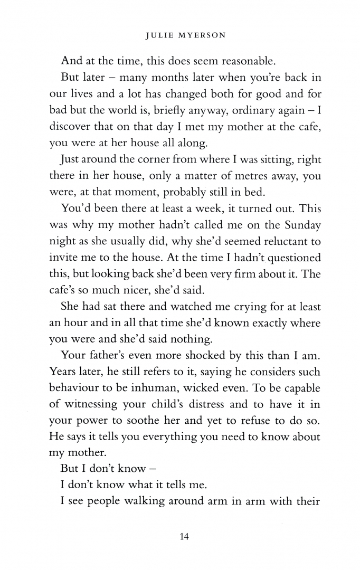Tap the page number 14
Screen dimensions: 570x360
[x=184, y=537]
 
